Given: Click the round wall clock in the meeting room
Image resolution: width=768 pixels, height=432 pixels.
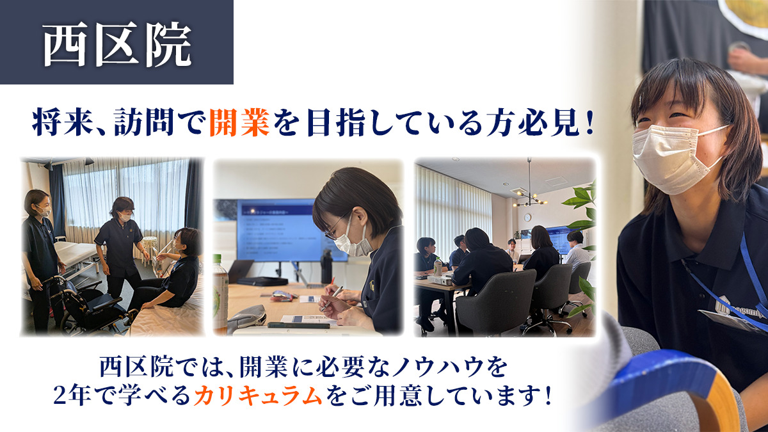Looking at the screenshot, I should tap(527, 216).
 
